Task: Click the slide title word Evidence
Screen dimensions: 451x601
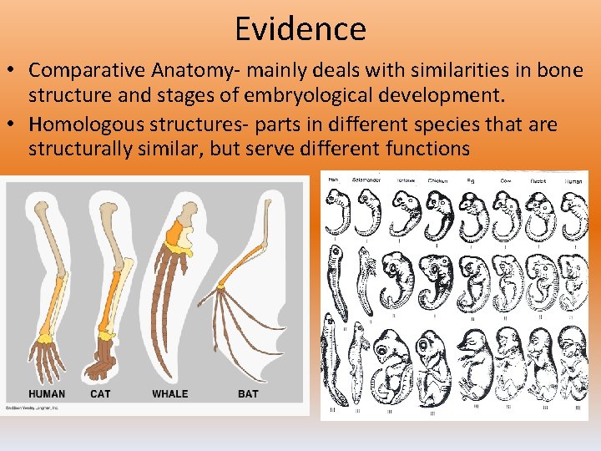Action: click(x=300, y=29)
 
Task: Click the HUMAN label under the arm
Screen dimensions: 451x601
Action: click(x=47, y=393)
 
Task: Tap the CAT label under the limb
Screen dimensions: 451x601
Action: click(x=101, y=393)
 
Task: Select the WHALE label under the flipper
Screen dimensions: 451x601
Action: click(x=169, y=393)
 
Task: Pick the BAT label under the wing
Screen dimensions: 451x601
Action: click(x=248, y=393)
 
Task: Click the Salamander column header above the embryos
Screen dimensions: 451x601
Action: click(x=367, y=180)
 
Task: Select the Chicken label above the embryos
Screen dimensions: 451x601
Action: click(x=438, y=180)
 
